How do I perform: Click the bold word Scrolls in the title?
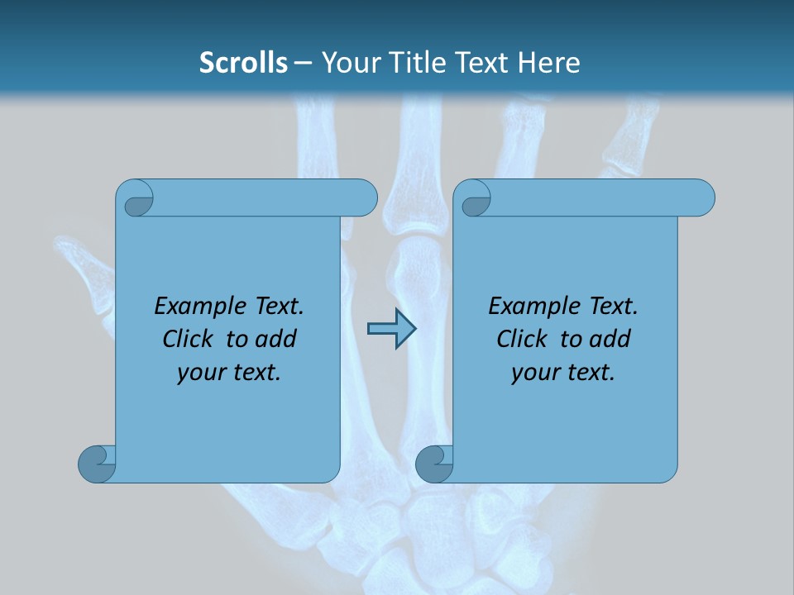[x=243, y=63]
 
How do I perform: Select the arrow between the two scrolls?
[x=391, y=329]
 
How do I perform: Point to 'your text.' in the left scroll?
[x=229, y=373]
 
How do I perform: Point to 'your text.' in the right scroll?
[x=563, y=373]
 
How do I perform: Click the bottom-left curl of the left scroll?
[x=98, y=464]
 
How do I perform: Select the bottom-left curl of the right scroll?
[x=434, y=464]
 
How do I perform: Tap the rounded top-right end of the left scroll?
[x=364, y=198]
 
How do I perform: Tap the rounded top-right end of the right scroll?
[x=701, y=198]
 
